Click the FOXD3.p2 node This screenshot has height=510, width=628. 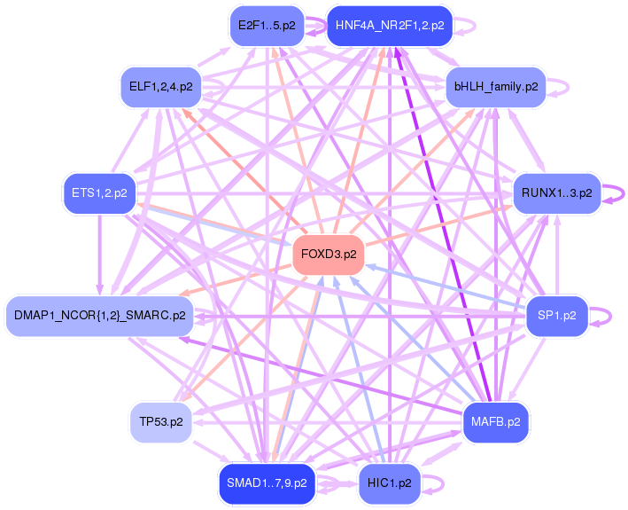pos(329,254)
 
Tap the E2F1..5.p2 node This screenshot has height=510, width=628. pos(267,26)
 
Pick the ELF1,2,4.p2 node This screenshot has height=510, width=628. pos(160,87)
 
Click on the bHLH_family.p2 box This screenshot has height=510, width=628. pos(495,87)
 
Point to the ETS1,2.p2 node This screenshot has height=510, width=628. pos(99,192)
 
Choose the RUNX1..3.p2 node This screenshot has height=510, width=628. pos(556,192)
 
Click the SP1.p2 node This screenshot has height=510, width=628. pos(556,315)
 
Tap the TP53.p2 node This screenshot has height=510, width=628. pos(160,421)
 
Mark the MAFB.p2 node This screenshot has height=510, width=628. pos(495,421)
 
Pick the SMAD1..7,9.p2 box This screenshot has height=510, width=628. pos(267,483)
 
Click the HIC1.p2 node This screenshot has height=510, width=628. pos(390,483)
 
